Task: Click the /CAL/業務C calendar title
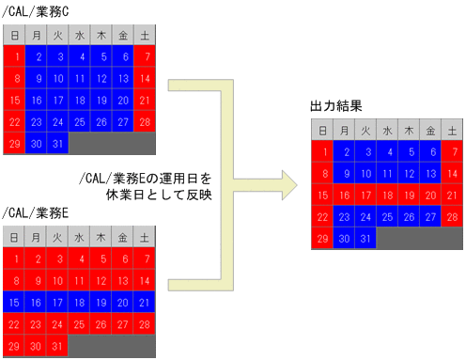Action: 37,10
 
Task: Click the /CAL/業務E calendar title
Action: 37,214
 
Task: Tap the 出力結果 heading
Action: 336,108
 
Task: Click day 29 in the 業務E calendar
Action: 15,346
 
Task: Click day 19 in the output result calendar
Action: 409,196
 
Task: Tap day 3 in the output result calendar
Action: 365,152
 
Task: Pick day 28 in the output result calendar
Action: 453,217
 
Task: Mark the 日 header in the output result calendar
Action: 321,131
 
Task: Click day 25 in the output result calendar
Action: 387,217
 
